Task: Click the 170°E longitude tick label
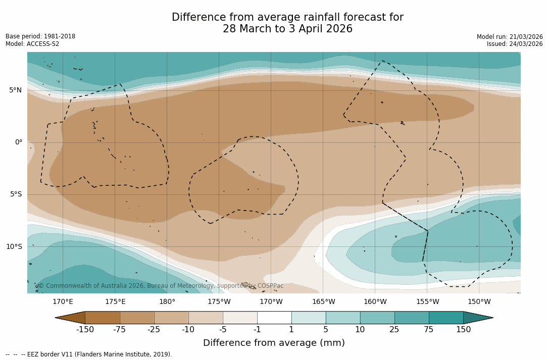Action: [63, 302]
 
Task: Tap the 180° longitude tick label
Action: [167, 302]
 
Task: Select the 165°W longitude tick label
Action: [323, 302]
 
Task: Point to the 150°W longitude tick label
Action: [479, 302]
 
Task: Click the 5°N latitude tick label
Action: [15, 90]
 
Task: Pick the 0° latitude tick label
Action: [18, 142]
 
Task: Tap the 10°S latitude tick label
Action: [14, 247]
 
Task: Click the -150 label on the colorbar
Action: [85, 330]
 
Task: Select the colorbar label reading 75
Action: [429, 330]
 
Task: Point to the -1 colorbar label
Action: [257, 330]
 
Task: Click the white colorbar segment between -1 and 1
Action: [274, 318]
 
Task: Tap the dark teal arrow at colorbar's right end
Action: [477, 318]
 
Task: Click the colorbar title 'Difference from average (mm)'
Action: [274, 343]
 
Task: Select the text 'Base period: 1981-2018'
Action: [40, 36]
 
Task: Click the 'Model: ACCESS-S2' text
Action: [32, 44]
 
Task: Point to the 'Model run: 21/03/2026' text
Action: [510, 37]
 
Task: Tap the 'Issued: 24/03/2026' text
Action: [515, 44]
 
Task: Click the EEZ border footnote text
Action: [89, 354]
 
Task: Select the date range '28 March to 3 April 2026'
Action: [287, 29]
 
